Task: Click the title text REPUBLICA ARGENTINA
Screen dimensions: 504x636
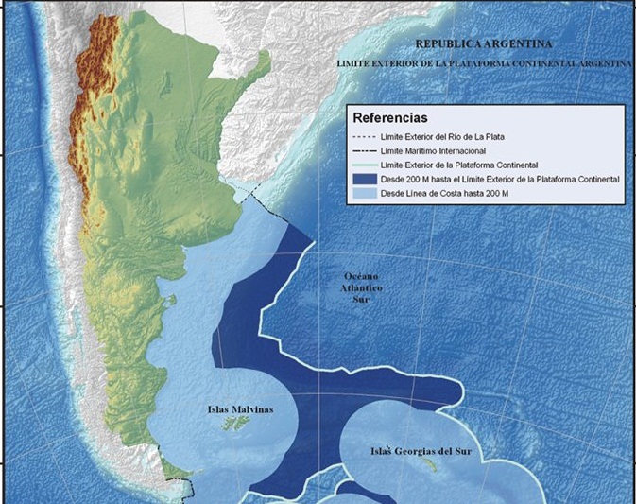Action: tap(485, 44)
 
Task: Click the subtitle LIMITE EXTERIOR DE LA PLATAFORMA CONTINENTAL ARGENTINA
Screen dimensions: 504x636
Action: tap(485, 63)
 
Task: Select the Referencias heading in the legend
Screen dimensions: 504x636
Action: tap(389, 119)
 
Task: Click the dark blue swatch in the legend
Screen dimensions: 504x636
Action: tap(363, 179)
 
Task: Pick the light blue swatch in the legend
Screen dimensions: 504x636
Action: tap(363, 193)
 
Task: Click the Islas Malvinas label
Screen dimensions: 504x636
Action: tap(240, 409)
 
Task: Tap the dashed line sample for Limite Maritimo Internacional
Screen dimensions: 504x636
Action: tap(363, 151)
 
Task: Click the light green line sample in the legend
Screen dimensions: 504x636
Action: tap(363, 165)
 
